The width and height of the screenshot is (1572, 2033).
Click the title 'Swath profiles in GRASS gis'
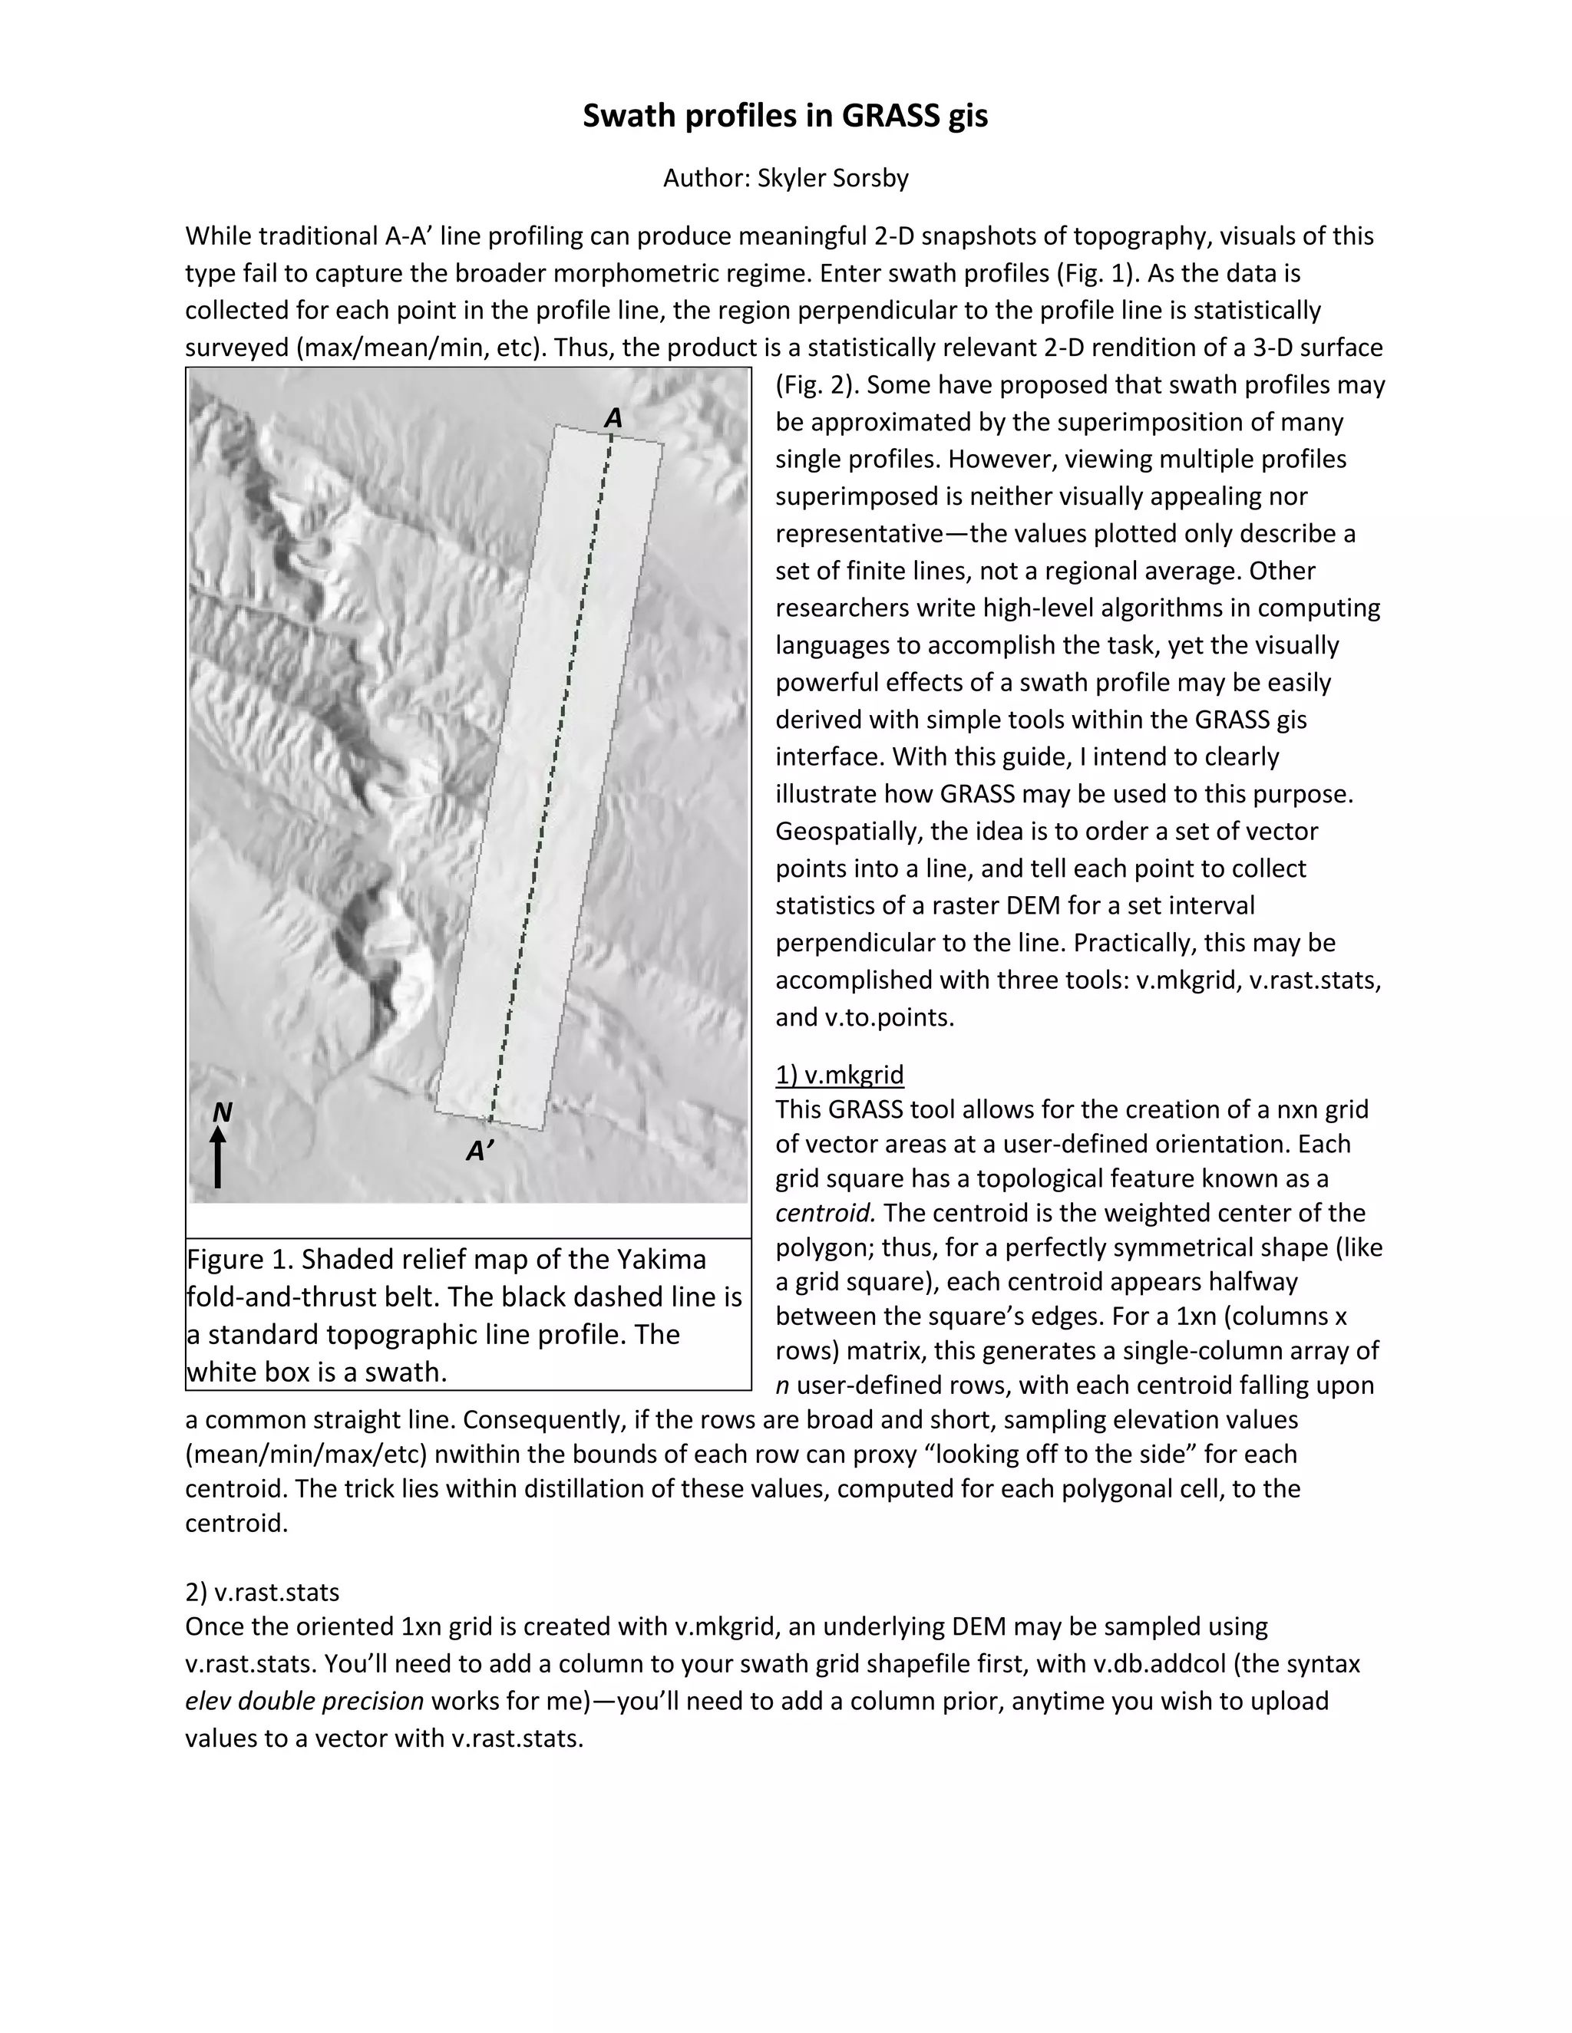coord(785,115)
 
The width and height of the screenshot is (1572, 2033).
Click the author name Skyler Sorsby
coord(833,178)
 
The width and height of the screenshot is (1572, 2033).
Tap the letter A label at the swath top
coord(613,419)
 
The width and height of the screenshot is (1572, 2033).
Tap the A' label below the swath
coord(480,1152)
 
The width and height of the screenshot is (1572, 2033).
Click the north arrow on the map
coord(218,1157)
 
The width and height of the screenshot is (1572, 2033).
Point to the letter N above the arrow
coord(222,1112)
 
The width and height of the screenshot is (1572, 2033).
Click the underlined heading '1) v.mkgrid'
coord(839,1075)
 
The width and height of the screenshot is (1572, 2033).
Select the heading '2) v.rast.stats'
coord(262,1593)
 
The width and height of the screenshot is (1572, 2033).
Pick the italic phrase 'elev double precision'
coord(305,1702)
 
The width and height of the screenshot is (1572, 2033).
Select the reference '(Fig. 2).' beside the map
coord(817,385)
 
